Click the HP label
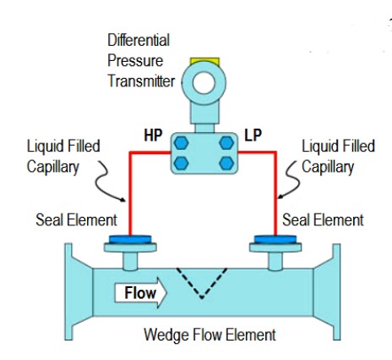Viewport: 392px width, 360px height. click(x=153, y=136)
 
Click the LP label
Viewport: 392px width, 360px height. click(x=253, y=136)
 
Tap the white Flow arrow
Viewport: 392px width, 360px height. click(x=140, y=292)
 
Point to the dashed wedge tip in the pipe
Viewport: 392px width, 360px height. click(x=202, y=297)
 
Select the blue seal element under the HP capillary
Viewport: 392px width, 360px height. click(x=130, y=240)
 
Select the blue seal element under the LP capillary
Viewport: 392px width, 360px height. click(x=275, y=240)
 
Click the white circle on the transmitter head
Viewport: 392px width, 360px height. click(x=204, y=83)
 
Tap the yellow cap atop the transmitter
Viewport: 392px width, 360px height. click(x=204, y=61)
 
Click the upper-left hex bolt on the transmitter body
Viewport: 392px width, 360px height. click(x=181, y=143)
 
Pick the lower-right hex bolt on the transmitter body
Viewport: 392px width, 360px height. click(x=226, y=163)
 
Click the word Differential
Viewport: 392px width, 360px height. click(x=139, y=40)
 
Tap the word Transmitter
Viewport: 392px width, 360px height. click(x=141, y=81)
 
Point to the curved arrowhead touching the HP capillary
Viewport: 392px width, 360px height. click(x=123, y=200)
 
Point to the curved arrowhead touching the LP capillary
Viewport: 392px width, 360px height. click(x=280, y=197)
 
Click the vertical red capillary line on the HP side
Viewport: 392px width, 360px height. click(x=130, y=194)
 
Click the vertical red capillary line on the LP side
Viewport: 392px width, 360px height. click(x=275, y=194)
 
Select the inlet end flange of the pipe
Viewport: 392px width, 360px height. click(x=68, y=291)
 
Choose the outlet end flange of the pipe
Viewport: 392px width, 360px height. click(x=336, y=291)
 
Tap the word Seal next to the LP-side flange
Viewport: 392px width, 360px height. click(x=296, y=219)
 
